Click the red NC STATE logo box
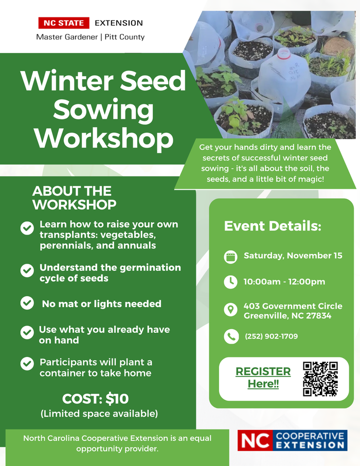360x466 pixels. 64,23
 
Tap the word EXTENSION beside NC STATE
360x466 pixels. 119,23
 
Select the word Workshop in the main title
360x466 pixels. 103,138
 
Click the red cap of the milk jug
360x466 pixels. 283,53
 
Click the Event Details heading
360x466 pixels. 273,226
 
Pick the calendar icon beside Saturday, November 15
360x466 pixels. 230,257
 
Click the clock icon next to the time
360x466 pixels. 230,282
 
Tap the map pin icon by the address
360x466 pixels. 230,310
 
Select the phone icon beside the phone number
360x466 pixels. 231,336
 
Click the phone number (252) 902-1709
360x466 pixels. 271,336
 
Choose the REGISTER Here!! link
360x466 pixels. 263,378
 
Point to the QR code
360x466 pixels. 320,379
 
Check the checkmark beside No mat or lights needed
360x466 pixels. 27,303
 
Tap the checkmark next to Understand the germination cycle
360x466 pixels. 27,271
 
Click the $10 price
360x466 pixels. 117,399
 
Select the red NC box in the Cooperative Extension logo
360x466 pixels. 255,440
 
